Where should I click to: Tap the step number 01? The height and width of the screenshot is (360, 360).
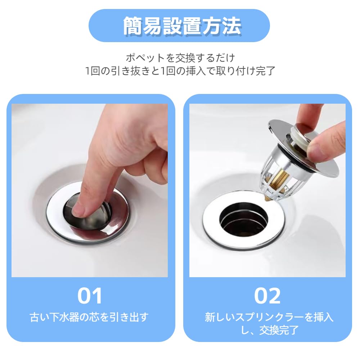pyautogui.click(x=90, y=296)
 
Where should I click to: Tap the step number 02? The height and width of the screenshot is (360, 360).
pyautogui.click(x=267, y=296)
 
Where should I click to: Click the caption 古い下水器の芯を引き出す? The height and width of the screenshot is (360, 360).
pyautogui.click(x=89, y=317)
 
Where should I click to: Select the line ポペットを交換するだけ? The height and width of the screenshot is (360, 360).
pyautogui.click(x=180, y=57)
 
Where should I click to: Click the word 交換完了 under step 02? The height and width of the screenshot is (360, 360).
pyautogui.click(x=279, y=330)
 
